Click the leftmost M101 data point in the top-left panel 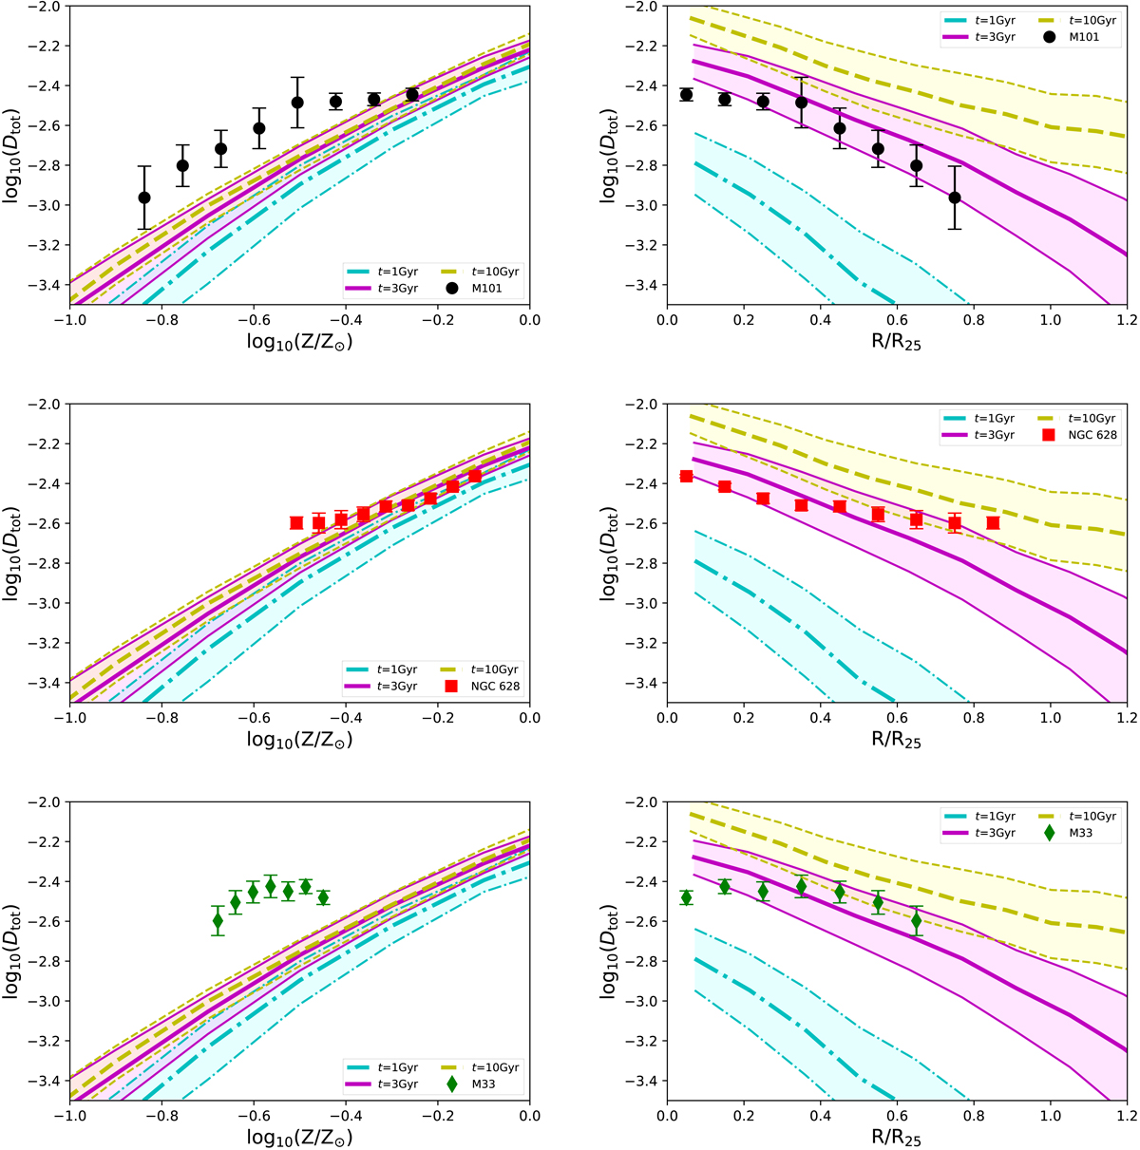(144, 198)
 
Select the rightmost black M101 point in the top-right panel (955, 198)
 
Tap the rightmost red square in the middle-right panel (993, 523)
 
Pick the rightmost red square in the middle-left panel (475, 476)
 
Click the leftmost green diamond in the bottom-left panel (218, 920)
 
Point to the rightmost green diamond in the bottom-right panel (917, 920)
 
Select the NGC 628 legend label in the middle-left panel (496, 687)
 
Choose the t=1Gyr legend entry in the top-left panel (396, 272)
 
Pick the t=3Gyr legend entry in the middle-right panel (994, 435)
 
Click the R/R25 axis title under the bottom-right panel (895, 1137)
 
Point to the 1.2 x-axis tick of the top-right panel (1126, 321)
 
